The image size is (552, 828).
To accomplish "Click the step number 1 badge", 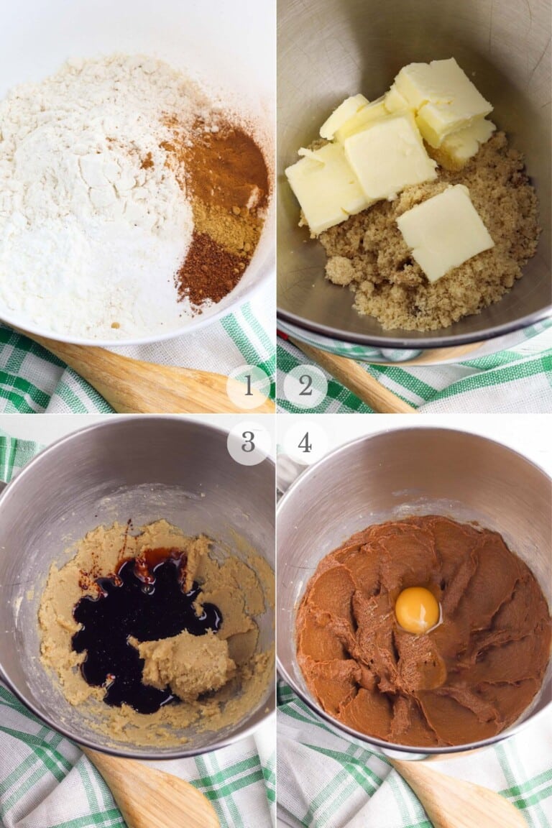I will (x=248, y=387).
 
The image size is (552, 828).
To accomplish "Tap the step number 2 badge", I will (x=305, y=387).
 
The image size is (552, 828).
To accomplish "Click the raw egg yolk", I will (x=417, y=609).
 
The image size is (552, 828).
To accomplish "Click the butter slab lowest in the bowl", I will (x=444, y=231).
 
